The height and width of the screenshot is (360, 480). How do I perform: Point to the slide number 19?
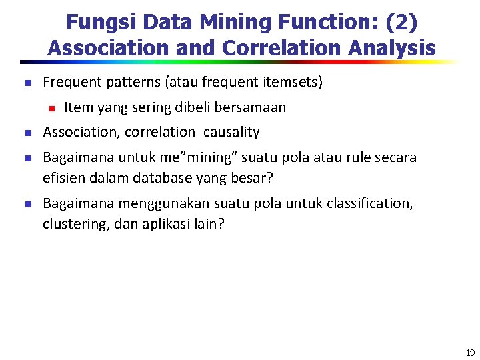[x=470, y=353]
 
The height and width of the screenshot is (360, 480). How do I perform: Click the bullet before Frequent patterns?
[x=27, y=83]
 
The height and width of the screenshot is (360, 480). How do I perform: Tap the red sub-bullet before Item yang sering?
[x=49, y=107]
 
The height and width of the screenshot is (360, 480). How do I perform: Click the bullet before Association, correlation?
[x=27, y=133]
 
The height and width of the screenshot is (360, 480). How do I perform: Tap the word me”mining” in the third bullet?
[x=159, y=158]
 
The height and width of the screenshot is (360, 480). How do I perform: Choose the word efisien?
[x=63, y=178]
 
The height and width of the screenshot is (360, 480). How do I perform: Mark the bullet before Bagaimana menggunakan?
[x=27, y=203]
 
